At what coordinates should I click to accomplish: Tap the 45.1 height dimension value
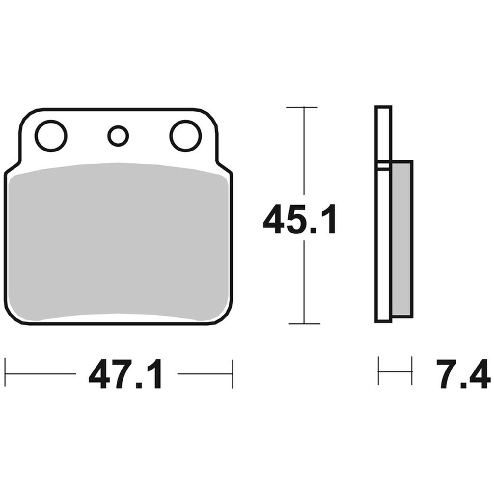pyautogui.click(x=300, y=219)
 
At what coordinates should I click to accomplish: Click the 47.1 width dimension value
pyautogui.click(x=125, y=374)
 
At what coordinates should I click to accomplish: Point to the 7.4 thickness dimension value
pyautogui.click(x=462, y=374)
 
